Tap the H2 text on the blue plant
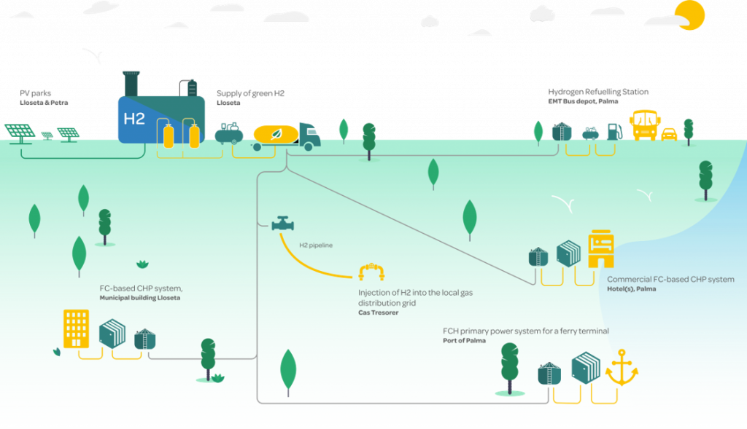pos(134,118)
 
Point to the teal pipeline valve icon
pos(281,223)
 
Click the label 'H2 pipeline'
pos(316,245)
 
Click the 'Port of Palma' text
pos(465,341)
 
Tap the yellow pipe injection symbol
pos(371,272)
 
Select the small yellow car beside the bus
pos(668,134)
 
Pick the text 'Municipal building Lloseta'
pos(141,298)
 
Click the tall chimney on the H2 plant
pos(131,83)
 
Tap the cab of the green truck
pos(311,135)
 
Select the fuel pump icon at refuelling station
pos(614,132)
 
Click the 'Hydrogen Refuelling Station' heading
pos(598,92)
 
